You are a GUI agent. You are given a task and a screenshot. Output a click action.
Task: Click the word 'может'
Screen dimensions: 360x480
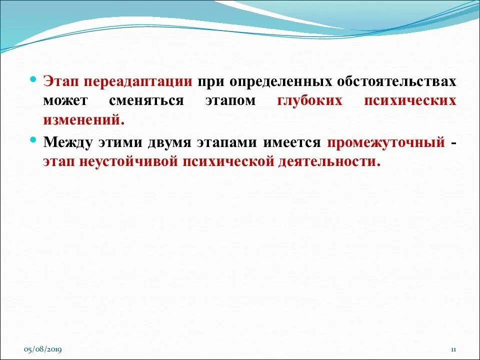65,100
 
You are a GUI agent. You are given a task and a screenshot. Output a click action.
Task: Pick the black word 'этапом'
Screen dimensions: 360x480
230,100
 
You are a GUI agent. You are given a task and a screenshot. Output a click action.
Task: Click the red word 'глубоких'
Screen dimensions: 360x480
309,100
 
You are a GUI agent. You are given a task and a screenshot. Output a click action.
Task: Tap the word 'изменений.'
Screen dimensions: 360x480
83,120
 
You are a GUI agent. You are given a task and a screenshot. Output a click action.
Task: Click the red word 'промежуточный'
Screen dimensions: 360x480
386,142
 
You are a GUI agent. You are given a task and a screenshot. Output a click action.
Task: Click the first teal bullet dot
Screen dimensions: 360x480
33,79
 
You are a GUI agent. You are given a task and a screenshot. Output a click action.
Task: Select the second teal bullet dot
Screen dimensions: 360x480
33,140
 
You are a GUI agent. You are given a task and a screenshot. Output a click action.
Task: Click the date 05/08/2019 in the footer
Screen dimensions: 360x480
43,349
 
